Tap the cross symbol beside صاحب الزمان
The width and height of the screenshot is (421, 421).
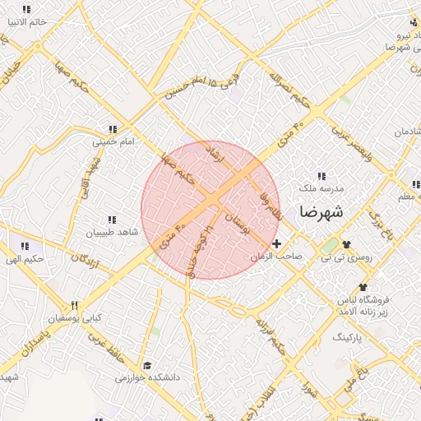(277, 244)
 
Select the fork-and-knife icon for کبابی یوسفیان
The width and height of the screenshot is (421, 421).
(75, 305)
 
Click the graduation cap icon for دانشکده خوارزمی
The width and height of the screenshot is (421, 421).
(147, 365)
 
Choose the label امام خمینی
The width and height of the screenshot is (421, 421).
(112, 141)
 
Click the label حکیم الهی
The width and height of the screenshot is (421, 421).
(27, 259)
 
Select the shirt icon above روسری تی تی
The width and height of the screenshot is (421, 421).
(345, 245)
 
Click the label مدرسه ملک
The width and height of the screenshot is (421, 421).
(321, 188)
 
